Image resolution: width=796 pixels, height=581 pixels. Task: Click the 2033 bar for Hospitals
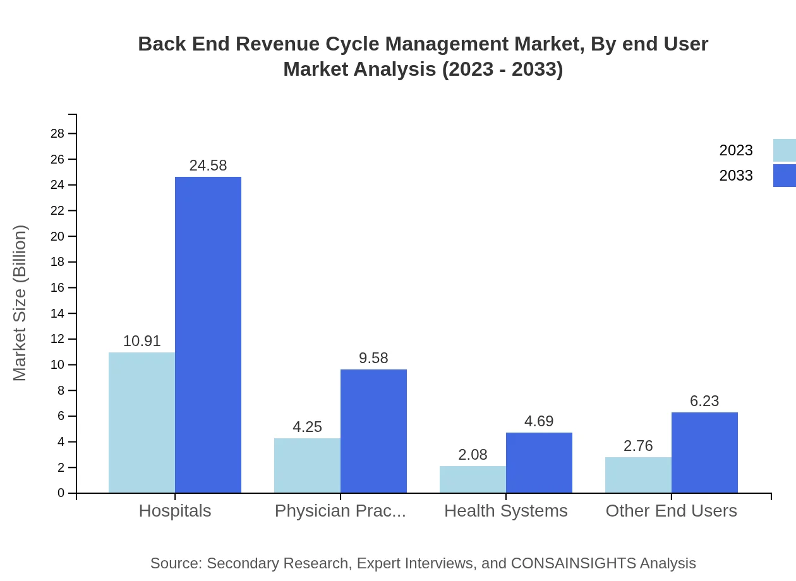[208, 335]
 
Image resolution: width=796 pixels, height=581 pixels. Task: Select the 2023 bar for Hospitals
[142, 422]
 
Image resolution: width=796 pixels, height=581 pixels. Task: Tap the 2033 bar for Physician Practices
[373, 431]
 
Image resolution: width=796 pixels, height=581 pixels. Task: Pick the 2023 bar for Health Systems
[473, 479]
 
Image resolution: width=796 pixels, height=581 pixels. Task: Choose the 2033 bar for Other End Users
[704, 452]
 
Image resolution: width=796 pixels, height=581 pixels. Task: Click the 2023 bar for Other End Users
[638, 475]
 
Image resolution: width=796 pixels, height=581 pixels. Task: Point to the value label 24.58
[208, 165]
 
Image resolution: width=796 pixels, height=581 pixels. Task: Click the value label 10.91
[142, 341]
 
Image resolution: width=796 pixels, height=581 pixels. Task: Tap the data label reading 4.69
[539, 421]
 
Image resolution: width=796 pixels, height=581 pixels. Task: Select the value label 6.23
[704, 401]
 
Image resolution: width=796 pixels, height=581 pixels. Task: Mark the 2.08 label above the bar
[473, 455]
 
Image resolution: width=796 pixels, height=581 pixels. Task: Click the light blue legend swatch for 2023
[784, 150]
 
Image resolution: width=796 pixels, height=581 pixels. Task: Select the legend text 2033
[736, 176]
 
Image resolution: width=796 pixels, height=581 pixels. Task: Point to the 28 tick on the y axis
[57, 133]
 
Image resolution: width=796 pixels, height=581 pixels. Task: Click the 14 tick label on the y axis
[57, 313]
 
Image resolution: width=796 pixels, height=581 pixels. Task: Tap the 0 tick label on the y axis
[61, 493]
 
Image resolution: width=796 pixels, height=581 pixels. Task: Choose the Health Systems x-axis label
[506, 511]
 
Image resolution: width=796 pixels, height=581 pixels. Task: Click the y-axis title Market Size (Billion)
[20, 303]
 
